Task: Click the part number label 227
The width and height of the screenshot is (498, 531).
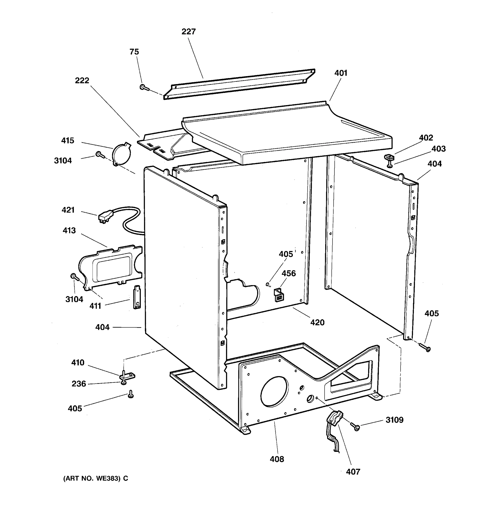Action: (x=188, y=31)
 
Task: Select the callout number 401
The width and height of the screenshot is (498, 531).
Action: (x=341, y=73)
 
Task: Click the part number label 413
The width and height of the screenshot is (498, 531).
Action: (x=69, y=230)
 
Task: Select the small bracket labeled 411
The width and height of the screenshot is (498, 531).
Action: (x=137, y=297)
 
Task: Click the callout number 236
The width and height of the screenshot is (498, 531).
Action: (x=79, y=384)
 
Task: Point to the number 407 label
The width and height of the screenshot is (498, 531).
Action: (x=353, y=472)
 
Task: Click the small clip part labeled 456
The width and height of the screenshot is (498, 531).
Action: (x=279, y=294)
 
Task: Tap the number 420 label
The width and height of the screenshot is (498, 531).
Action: (x=317, y=322)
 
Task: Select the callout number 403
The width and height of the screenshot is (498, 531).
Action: (x=438, y=148)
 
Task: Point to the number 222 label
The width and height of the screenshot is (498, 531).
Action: (x=82, y=80)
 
